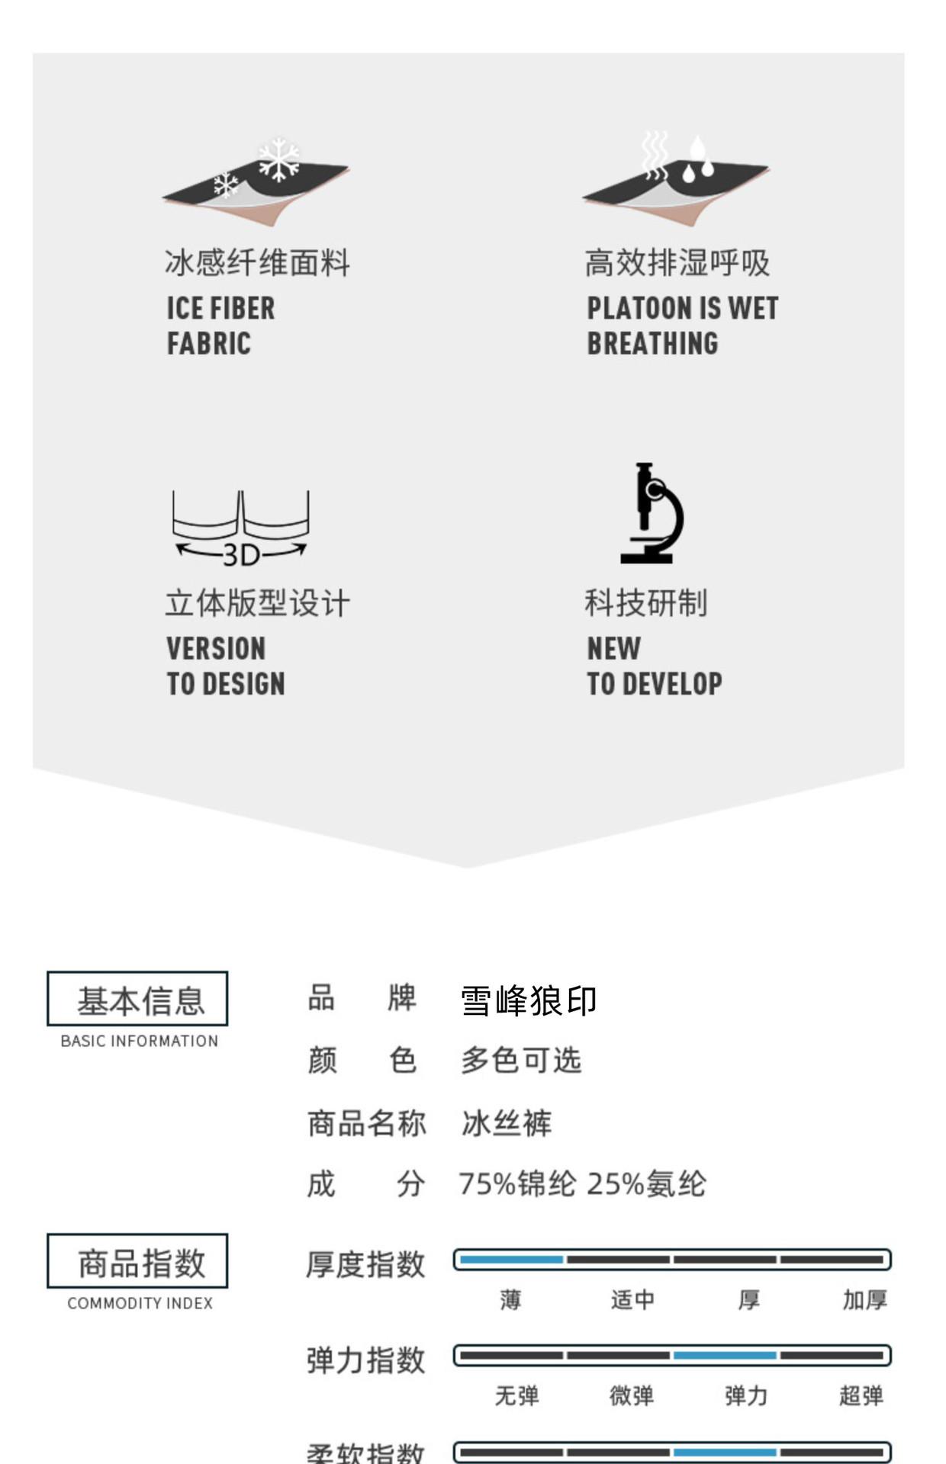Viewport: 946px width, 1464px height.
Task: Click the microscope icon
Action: point(651,513)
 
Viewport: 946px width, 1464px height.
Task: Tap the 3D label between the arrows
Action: point(241,555)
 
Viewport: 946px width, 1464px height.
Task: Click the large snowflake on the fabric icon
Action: point(279,159)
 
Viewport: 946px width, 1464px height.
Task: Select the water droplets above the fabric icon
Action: point(698,160)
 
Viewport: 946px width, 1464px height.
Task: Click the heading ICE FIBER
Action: point(220,308)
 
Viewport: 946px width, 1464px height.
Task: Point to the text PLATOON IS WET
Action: point(682,308)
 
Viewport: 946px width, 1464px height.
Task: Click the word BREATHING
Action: point(652,344)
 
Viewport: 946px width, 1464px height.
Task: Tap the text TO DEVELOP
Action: point(654,684)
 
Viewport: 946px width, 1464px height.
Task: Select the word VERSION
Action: point(216,649)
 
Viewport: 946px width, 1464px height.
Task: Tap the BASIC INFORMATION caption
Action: point(139,1041)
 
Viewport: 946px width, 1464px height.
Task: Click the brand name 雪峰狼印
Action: point(528,1000)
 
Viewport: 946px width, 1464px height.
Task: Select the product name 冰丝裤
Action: point(506,1123)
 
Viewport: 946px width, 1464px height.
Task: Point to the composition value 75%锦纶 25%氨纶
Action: point(581,1184)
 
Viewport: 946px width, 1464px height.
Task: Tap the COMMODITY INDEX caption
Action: point(140,1303)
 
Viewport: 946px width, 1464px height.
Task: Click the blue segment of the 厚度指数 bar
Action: point(510,1260)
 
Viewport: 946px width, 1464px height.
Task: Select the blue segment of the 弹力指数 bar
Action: point(725,1355)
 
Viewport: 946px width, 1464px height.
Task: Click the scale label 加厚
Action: point(864,1299)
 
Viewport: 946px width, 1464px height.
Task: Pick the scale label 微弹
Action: point(631,1395)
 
